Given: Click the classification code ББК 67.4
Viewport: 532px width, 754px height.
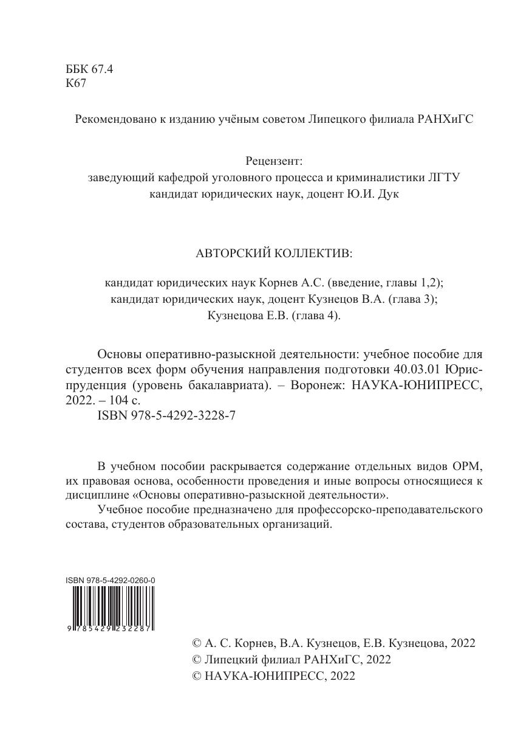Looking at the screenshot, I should [x=89, y=69].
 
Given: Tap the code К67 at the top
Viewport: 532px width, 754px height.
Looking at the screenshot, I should [x=76, y=84].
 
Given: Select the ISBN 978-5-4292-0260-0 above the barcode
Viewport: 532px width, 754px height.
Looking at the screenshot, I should [x=110, y=581].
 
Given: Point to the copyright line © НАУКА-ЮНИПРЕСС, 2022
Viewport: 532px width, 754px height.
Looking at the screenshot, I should [x=273, y=676].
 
